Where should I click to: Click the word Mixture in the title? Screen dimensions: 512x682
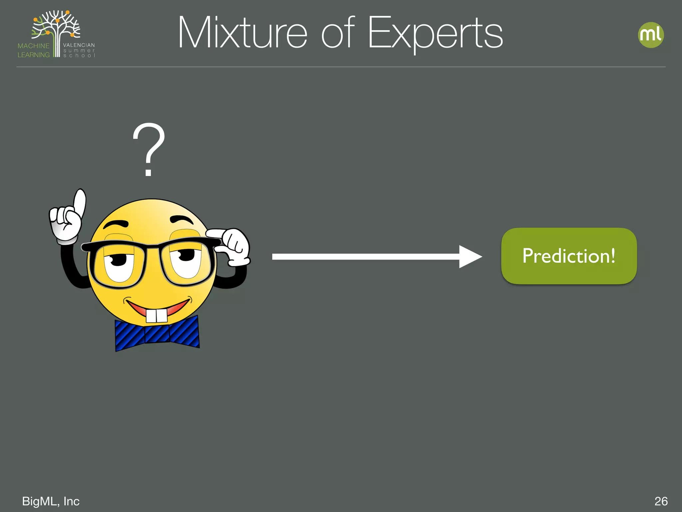pyautogui.click(x=242, y=33)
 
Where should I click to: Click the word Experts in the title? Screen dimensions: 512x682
pyautogui.click(x=435, y=33)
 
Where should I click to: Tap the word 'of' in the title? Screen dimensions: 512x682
pyautogui.click(x=337, y=33)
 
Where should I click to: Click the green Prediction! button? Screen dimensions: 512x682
pyautogui.click(x=569, y=256)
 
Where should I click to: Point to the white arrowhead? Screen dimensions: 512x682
pyautogui.click(x=470, y=257)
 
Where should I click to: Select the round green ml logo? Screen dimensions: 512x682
pyautogui.click(x=651, y=35)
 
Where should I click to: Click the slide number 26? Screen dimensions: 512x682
pyautogui.click(x=661, y=501)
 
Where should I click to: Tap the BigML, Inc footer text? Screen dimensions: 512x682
pyautogui.click(x=51, y=501)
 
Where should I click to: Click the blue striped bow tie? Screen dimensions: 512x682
pyautogui.click(x=157, y=333)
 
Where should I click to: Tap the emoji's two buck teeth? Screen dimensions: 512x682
pyautogui.click(x=157, y=316)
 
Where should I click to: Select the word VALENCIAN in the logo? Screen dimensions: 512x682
pyautogui.click(x=79, y=45)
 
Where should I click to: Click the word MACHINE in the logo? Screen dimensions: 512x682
pyautogui.click(x=33, y=46)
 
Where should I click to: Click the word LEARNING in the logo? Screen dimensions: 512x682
pyautogui.click(x=33, y=55)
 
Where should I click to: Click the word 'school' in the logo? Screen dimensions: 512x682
pyautogui.click(x=79, y=56)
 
